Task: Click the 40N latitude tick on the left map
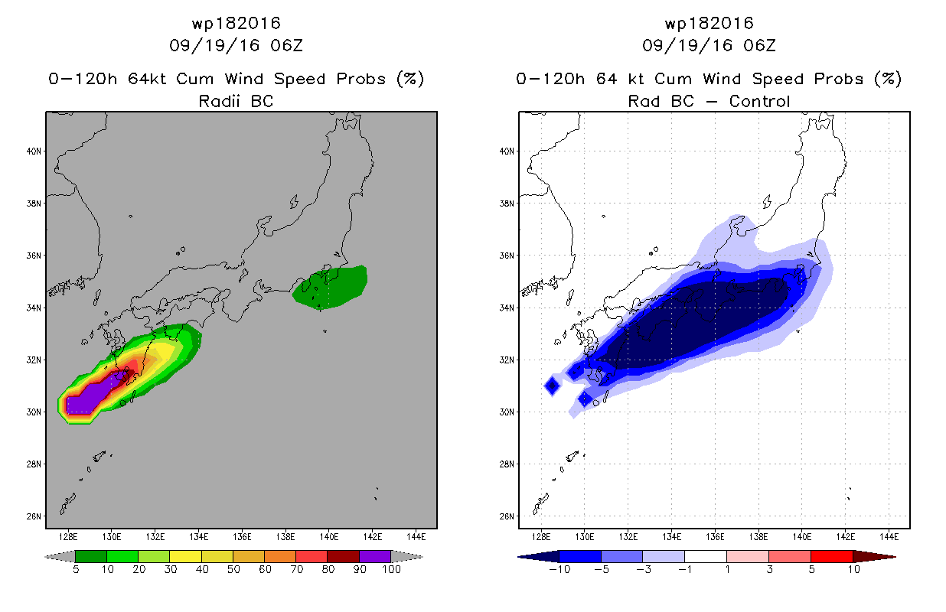[x=34, y=151]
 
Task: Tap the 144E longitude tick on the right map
[x=889, y=537]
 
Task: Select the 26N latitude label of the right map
[x=507, y=516]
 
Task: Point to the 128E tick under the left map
[x=68, y=537]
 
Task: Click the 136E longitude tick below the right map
[x=715, y=537]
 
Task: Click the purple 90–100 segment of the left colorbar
[x=375, y=556]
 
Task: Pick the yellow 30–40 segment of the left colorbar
[x=186, y=556]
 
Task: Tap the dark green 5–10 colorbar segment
[x=91, y=556]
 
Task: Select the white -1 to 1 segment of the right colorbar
[x=706, y=556]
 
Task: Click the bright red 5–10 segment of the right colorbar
[x=832, y=556]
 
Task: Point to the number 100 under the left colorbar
[x=392, y=569]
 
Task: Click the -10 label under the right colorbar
[x=560, y=569]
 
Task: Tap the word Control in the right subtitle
[x=760, y=101]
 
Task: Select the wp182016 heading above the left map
[x=236, y=23]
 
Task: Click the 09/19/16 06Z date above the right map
[x=709, y=45]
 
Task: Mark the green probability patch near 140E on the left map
[x=330, y=288]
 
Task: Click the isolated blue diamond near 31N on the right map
[x=552, y=386]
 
